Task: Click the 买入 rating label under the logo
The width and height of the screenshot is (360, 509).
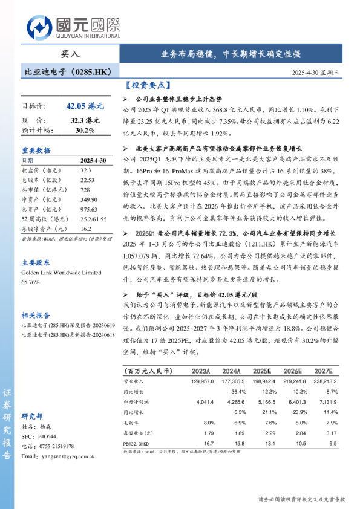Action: click(x=70, y=54)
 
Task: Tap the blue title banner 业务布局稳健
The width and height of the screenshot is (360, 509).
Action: click(x=230, y=53)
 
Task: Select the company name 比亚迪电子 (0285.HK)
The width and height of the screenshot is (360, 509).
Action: click(x=68, y=72)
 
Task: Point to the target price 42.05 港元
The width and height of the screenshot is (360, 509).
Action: click(x=85, y=106)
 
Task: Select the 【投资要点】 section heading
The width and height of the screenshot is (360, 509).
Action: click(x=149, y=86)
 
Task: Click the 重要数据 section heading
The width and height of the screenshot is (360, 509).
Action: click(x=36, y=151)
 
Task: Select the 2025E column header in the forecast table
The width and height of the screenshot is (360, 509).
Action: click(x=262, y=371)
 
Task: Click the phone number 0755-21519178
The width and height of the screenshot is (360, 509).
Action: click(x=56, y=446)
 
